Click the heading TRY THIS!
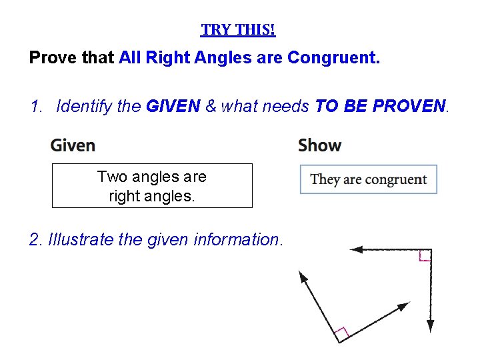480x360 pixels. pyautogui.click(x=238, y=30)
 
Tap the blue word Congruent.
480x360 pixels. pyautogui.click(x=333, y=58)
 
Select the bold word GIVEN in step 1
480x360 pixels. pyautogui.click(x=173, y=105)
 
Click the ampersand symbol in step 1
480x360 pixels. pyautogui.click(x=211, y=105)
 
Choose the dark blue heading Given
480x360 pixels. pyautogui.click(x=73, y=145)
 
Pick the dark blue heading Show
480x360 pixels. pyautogui.click(x=319, y=145)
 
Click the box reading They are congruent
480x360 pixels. pyautogui.click(x=368, y=179)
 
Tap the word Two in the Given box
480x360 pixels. pyautogui.click(x=111, y=177)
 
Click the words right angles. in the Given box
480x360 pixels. pyautogui.click(x=152, y=196)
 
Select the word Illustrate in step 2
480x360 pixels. pyautogui.click(x=83, y=239)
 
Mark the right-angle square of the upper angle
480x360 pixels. pyautogui.click(x=425, y=255)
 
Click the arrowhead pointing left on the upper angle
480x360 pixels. pyautogui.click(x=356, y=250)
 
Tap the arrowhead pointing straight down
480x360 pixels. pyautogui.click(x=431, y=326)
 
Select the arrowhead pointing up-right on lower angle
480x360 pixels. pyautogui.click(x=404, y=306)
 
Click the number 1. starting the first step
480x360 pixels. pyautogui.click(x=37, y=105)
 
